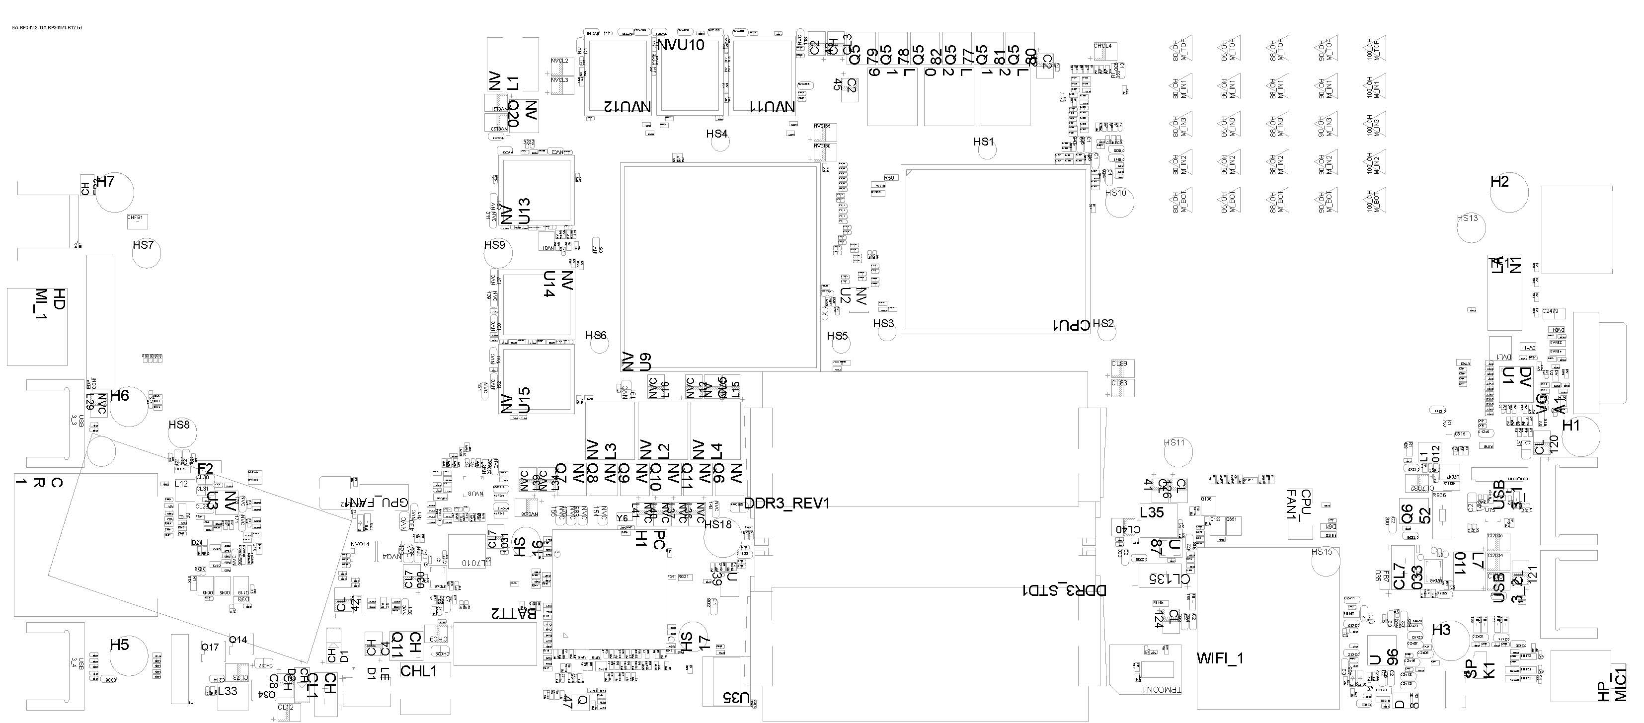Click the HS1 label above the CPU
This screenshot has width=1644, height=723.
click(983, 142)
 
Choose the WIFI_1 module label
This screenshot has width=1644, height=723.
click(1220, 658)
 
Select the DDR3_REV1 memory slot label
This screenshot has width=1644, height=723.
click(787, 504)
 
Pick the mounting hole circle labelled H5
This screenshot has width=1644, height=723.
click(130, 656)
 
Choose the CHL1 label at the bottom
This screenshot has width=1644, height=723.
click(419, 671)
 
